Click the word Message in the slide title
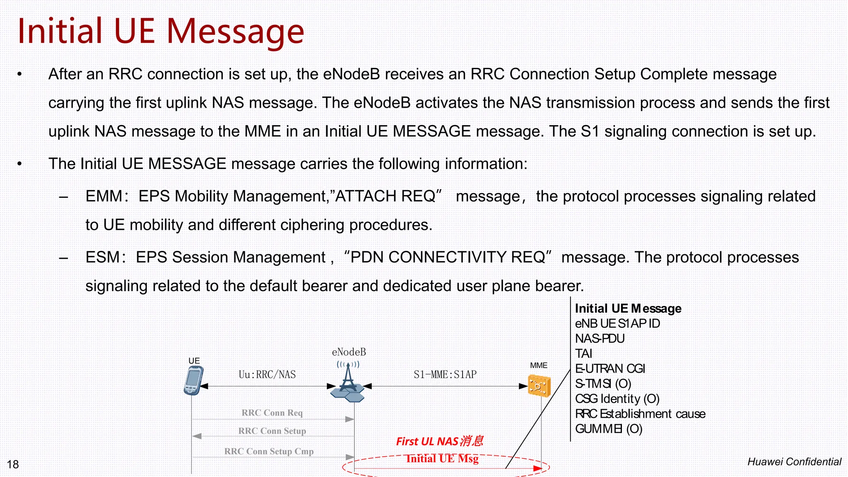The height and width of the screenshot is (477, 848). (x=235, y=31)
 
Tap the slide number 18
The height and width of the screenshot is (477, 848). (x=13, y=464)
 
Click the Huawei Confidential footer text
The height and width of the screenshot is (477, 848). (x=794, y=462)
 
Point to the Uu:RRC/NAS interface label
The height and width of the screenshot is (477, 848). (x=267, y=375)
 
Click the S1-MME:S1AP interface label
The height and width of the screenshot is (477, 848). (x=445, y=375)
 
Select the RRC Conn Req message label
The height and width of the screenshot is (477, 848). (x=272, y=413)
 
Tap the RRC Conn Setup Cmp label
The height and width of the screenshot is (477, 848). (x=269, y=451)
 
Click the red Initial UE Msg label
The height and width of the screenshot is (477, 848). (x=442, y=458)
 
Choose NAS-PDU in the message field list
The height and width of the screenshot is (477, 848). (x=600, y=339)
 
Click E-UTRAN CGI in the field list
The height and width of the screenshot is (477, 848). (x=610, y=369)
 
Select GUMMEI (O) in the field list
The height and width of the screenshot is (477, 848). (x=608, y=429)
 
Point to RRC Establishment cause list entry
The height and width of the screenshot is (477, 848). (x=640, y=414)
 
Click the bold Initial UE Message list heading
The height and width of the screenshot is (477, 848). (x=628, y=308)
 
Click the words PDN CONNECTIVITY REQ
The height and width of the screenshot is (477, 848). (x=448, y=257)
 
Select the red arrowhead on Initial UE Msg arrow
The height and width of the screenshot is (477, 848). (x=537, y=468)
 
